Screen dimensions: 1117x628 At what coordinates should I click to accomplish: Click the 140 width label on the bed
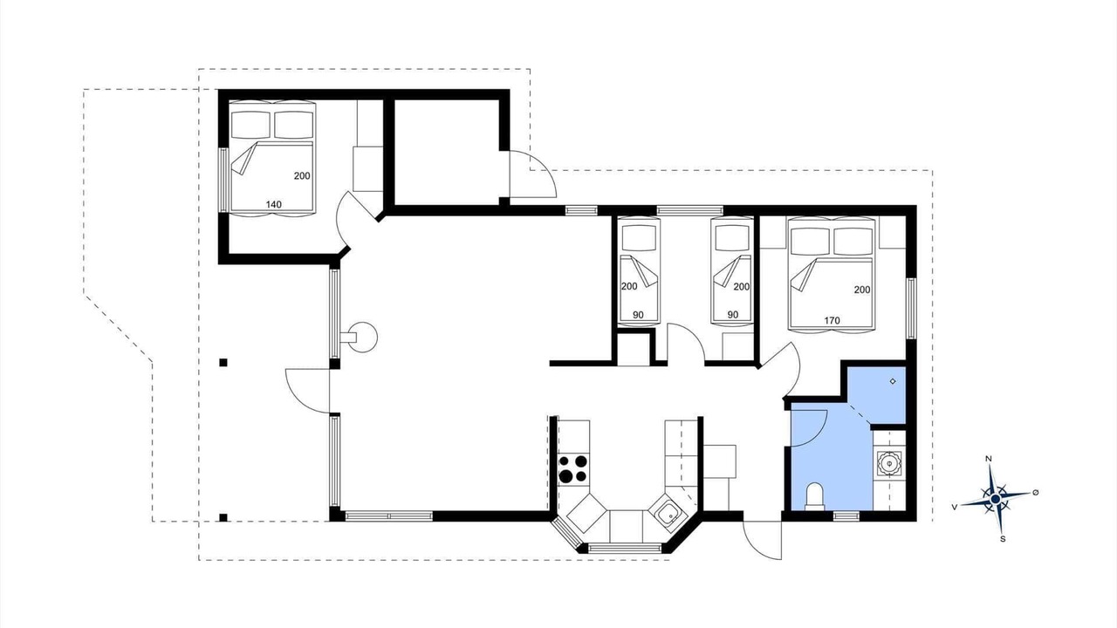tap(274, 204)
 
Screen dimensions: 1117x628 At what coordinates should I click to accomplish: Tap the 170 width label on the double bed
tap(832, 321)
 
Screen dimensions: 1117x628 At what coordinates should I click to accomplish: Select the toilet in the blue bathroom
tap(814, 496)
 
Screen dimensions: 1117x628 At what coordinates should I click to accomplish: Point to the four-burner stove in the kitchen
tap(573, 469)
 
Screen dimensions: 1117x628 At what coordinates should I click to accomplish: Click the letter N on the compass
tap(989, 459)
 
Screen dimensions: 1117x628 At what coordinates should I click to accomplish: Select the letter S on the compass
tap(1003, 539)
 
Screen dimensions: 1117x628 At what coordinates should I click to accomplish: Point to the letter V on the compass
tap(955, 507)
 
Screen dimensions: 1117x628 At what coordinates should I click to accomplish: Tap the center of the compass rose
tap(996, 499)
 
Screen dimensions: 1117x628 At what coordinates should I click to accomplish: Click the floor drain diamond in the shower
tap(893, 381)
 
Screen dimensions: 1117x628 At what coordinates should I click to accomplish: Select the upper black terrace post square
tap(223, 362)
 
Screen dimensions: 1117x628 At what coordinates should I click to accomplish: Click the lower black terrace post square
tap(223, 517)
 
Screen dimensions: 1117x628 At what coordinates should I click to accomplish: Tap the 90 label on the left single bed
tap(638, 315)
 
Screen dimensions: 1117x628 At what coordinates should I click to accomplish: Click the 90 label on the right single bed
tap(732, 315)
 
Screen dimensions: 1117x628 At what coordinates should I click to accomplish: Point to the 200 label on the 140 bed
tap(302, 176)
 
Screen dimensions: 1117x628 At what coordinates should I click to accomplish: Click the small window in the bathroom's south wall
tap(846, 516)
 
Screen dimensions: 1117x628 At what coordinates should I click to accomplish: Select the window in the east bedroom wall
tap(911, 308)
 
